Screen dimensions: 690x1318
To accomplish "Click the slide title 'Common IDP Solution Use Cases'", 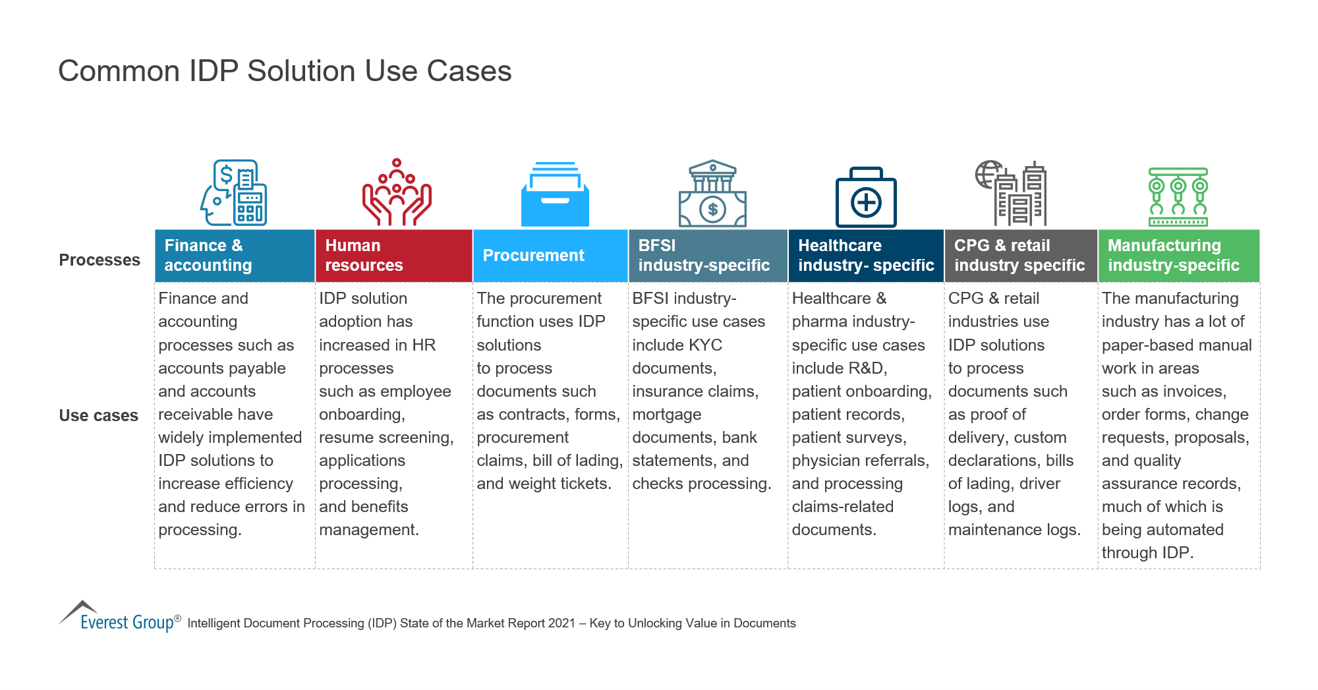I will (285, 71).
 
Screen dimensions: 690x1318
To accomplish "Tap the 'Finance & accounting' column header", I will (235, 256).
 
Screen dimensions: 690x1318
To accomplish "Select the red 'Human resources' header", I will (393, 256).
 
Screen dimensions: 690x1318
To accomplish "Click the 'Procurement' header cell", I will (550, 256).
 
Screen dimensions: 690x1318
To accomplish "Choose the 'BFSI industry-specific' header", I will (708, 256).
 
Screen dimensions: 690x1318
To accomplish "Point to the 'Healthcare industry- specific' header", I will (866, 256).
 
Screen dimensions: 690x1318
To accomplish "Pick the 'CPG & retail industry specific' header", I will (1020, 256).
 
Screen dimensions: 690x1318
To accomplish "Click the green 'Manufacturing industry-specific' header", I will (1178, 256).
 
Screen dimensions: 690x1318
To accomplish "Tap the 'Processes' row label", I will (100, 260).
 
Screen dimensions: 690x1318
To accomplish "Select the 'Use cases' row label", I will (99, 416).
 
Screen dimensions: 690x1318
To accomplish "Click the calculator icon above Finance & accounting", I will (235, 193).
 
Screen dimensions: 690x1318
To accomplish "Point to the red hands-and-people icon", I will (396, 192).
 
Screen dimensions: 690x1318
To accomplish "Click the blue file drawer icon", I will (555, 194).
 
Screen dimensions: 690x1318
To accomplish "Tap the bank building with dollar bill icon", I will (712, 194).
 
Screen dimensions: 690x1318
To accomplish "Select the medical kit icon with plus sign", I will (866, 197).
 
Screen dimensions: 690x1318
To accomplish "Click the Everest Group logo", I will (119, 617).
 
